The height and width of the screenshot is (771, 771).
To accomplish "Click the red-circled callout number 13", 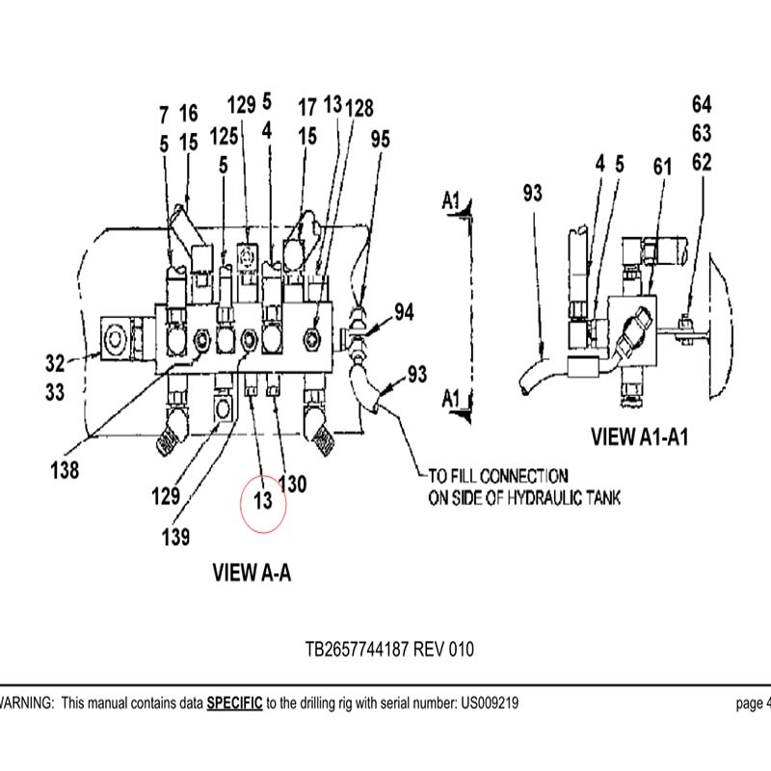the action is click(x=263, y=501).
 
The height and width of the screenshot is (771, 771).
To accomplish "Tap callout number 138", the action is click(x=65, y=470).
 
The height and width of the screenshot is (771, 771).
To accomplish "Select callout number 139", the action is click(x=175, y=537).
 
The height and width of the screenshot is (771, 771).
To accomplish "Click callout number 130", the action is click(x=293, y=484).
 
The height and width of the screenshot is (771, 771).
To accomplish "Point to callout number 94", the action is click(x=404, y=312).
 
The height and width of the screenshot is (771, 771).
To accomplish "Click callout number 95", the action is click(x=380, y=139).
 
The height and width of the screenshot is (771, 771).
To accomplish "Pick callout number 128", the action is click(x=359, y=108).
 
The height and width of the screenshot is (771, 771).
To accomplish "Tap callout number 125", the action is click(x=224, y=136).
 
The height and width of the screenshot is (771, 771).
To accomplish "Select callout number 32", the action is click(x=55, y=363).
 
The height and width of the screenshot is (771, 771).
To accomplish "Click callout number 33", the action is click(x=55, y=392).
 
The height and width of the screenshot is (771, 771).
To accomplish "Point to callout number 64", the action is click(x=702, y=104).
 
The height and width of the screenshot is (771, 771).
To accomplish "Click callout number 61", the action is click(x=662, y=167).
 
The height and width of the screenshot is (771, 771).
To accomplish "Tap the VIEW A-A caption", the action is click(x=252, y=572).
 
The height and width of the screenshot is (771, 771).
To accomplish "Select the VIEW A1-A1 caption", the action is click(x=639, y=437).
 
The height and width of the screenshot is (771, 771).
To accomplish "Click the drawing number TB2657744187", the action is click(x=357, y=649).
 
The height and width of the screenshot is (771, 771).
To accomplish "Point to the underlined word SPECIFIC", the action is click(x=234, y=704).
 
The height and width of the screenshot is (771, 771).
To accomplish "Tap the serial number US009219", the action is click(x=490, y=704).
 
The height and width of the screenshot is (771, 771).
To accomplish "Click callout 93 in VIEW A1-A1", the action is click(x=533, y=193).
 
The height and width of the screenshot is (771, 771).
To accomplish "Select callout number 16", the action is click(x=188, y=113).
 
